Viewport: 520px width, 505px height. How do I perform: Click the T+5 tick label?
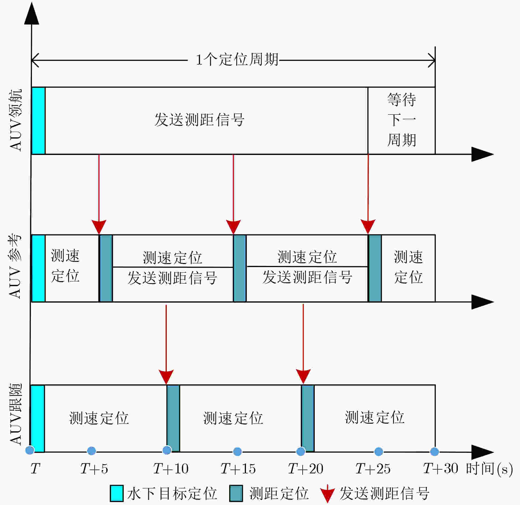pos(94,468)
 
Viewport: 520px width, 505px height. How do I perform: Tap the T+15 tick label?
pos(238,468)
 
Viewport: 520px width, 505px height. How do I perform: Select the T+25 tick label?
pos(373,468)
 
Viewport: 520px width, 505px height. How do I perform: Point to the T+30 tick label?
pos(440,468)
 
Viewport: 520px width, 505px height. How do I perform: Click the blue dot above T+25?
pos(379,451)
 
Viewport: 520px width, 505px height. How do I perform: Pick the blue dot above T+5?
pos(91,451)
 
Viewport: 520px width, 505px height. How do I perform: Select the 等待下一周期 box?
pos(401,121)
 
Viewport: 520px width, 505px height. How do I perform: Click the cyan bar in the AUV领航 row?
pos(39,121)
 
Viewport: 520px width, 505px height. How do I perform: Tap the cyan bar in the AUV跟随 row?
pos(37,418)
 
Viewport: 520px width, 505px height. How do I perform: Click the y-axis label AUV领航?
pos(15,120)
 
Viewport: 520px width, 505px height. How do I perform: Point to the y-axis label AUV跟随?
pos(15,414)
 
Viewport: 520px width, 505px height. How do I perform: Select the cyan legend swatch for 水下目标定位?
pos(117,493)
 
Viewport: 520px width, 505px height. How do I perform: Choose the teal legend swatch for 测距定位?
pos(236,493)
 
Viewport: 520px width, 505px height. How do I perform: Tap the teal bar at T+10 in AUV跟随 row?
pos(173,418)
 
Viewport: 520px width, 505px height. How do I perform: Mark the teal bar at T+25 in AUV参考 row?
pos(375,268)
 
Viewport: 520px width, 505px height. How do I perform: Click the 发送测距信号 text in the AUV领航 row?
pos(199,120)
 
